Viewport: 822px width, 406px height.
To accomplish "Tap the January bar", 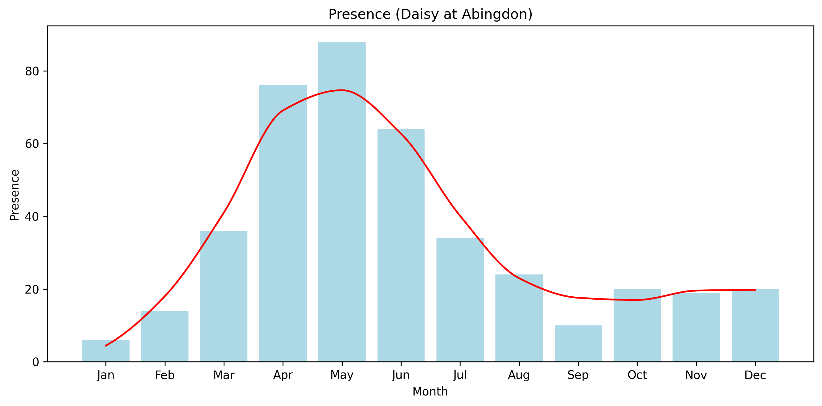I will (x=106, y=351).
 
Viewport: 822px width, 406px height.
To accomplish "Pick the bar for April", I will (x=283, y=223).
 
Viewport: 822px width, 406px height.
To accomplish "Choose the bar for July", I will (x=460, y=300).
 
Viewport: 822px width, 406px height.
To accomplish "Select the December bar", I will (x=755, y=326).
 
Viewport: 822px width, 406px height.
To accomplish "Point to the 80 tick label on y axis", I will (x=32, y=71).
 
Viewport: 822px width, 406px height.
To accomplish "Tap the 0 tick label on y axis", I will (x=36, y=362).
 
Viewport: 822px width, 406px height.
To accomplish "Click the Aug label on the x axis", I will (x=519, y=375).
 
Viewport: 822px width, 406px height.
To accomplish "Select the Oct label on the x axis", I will (x=637, y=375).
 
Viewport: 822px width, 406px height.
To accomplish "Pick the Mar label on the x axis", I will (x=224, y=375).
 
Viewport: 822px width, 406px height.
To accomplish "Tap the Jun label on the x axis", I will (x=401, y=375).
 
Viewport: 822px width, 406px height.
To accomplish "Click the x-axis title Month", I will (x=430, y=392).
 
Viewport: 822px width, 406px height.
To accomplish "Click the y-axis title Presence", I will (x=15, y=195).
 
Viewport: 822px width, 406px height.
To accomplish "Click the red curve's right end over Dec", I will (x=755, y=290).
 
